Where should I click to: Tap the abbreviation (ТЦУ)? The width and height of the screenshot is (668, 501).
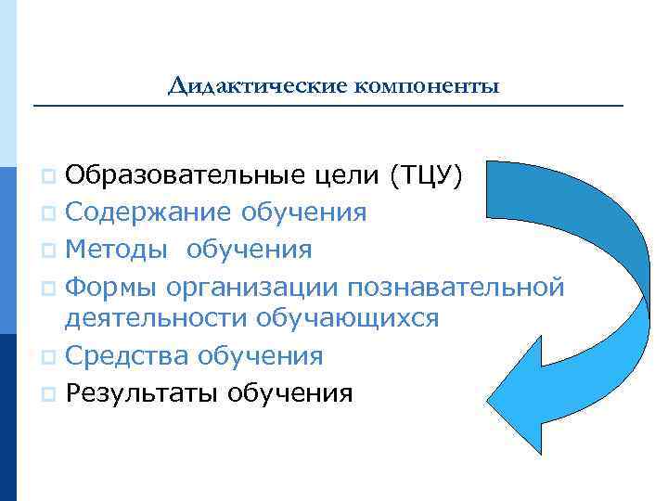click(x=422, y=175)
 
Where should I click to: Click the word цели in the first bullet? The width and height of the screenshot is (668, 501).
click(x=352, y=176)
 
